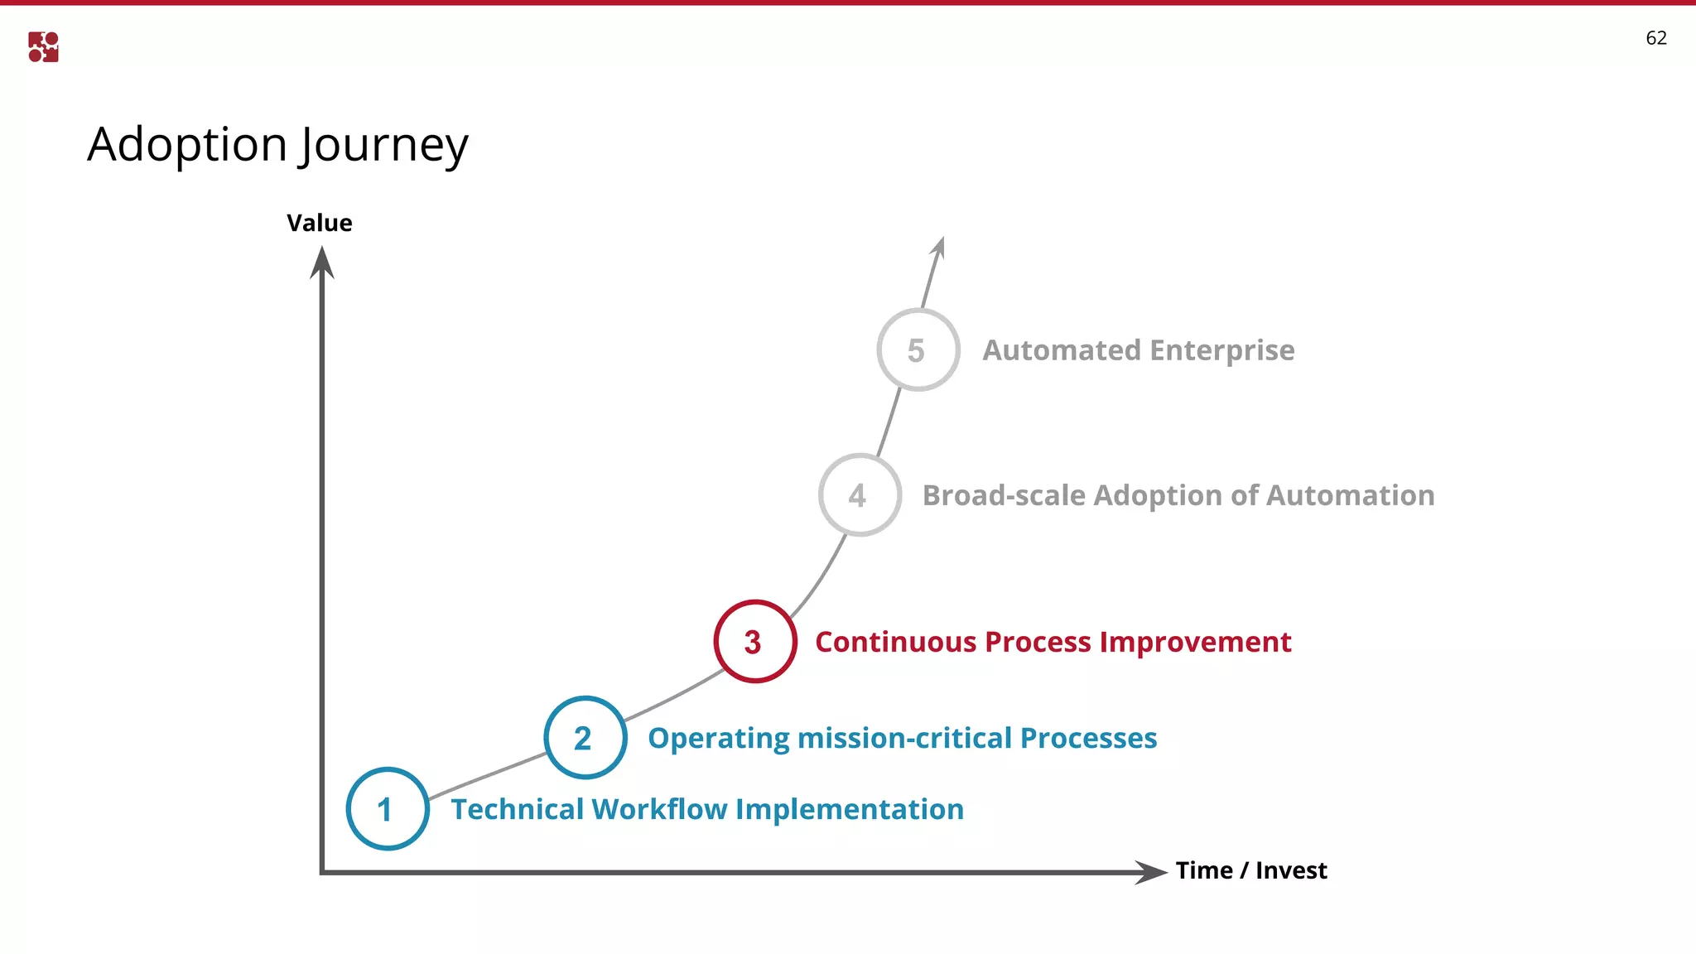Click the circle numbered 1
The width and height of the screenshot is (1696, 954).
click(x=388, y=809)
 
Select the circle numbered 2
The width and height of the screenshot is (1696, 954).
click(x=585, y=738)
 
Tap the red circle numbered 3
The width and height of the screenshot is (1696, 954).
click(x=754, y=642)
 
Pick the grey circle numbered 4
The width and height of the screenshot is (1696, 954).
click(x=860, y=495)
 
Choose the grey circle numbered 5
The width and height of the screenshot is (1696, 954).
click(x=918, y=350)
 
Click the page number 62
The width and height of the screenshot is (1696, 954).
click(x=1655, y=38)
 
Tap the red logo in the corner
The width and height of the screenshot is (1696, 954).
click(x=43, y=47)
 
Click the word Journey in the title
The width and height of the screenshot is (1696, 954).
click(x=383, y=146)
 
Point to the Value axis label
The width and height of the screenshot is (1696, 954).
click(x=320, y=223)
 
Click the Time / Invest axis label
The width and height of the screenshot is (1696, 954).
click(x=1250, y=870)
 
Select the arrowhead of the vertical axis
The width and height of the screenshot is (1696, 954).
click(x=321, y=263)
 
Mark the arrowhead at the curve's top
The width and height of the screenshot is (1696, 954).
click(x=938, y=248)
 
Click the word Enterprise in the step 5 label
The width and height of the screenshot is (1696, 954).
click(x=1221, y=350)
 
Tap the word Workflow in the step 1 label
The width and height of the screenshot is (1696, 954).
click(x=659, y=809)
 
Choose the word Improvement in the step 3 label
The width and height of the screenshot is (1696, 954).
click(x=1195, y=642)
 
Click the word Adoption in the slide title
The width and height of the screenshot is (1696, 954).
click(x=187, y=146)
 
